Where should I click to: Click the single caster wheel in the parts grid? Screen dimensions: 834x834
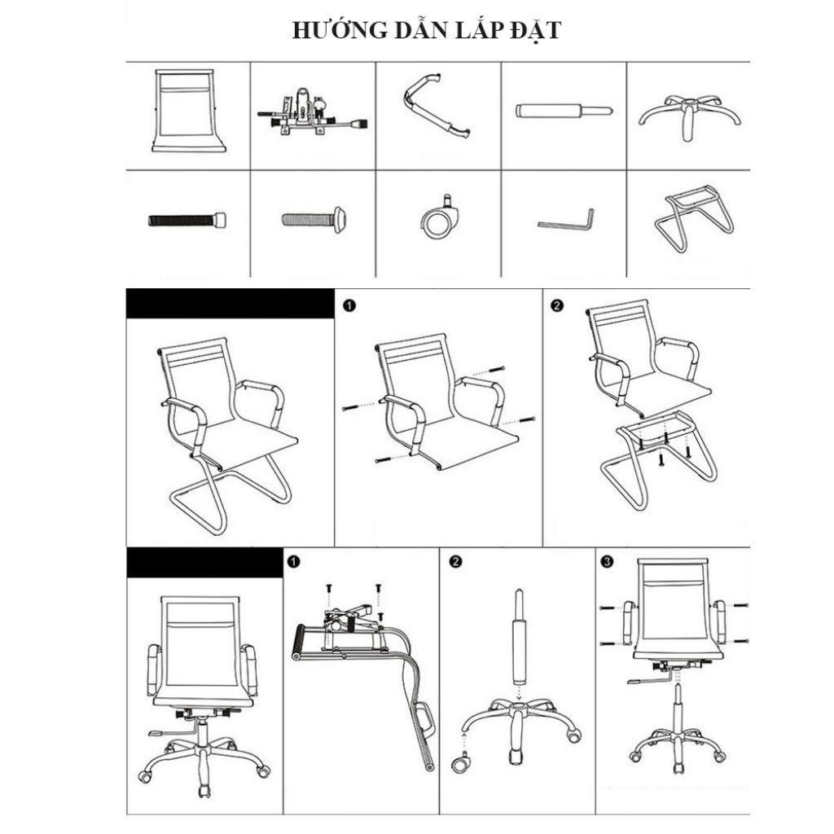pyautogui.click(x=441, y=217)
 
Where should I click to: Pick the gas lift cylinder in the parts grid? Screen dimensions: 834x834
pyautogui.click(x=563, y=111)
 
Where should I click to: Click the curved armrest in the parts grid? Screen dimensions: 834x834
pyautogui.click(x=437, y=105)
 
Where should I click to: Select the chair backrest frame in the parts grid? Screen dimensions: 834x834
pyautogui.click(x=187, y=111)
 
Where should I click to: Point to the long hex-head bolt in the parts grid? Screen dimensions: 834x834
pyautogui.click(x=187, y=219)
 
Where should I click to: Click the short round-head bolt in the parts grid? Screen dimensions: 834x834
pyautogui.click(x=315, y=218)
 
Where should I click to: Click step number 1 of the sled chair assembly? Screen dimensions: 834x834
pyautogui.click(x=349, y=305)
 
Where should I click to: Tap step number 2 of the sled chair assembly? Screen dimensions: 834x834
pyautogui.click(x=557, y=305)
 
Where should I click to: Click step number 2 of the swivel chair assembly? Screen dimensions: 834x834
pyautogui.click(x=455, y=561)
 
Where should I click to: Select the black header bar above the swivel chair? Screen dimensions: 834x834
pyautogui.click(x=204, y=563)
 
